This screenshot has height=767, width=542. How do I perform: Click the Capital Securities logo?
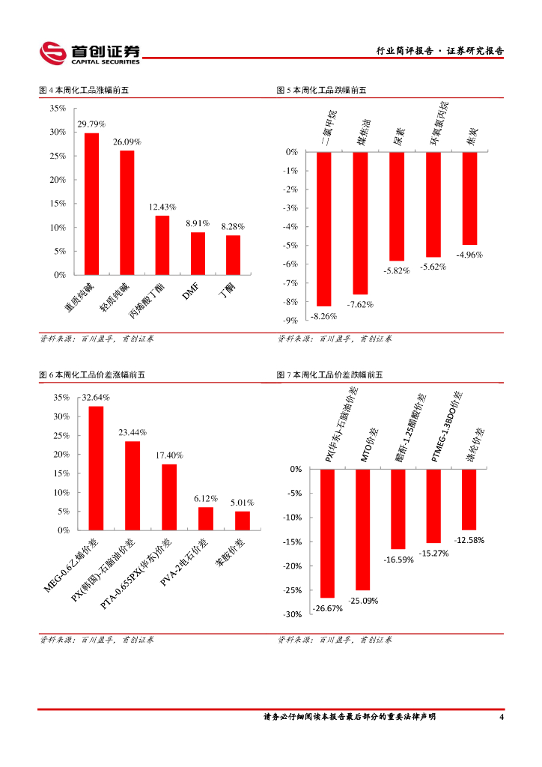coord(90,52)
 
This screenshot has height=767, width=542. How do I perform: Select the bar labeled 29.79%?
coord(91,204)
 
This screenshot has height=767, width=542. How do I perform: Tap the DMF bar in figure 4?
coord(198,253)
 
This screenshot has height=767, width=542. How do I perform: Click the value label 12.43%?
coord(162,207)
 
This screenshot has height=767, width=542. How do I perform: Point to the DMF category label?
coord(191,294)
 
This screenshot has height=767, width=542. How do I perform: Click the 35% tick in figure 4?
coord(57,108)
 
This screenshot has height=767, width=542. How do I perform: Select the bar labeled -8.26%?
coord(324,229)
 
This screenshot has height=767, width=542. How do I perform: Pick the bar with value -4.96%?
coord(469,198)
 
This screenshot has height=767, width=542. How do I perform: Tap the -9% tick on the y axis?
coord(291,320)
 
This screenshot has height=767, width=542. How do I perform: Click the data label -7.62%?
coord(360,304)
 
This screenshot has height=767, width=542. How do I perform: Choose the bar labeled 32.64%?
coord(96,468)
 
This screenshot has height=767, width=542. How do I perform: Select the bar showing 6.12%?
coord(206,518)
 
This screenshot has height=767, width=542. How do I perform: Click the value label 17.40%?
coord(169,455)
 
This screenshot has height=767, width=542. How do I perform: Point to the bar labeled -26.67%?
coord(327,533)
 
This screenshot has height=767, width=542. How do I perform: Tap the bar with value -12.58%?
coord(469,500)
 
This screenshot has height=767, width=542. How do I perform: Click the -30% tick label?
coord(292,615)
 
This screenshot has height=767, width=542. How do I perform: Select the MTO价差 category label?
coord(367,446)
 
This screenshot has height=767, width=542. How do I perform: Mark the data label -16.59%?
coord(399,560)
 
